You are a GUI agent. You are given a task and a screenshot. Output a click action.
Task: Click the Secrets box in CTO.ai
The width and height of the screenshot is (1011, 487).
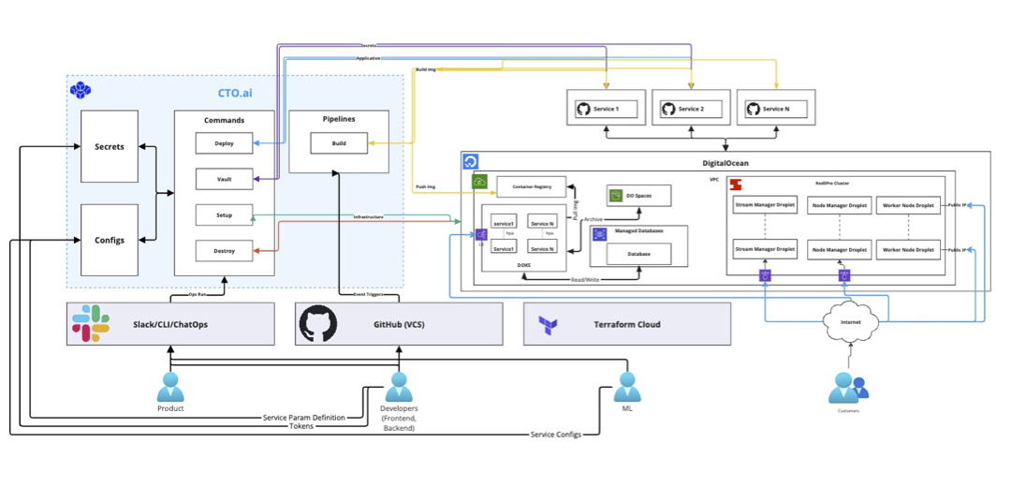pyautogui.click(x=109, y=146)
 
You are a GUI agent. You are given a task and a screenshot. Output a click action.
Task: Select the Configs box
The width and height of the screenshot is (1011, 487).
pyautogui.click(x=109, y=240)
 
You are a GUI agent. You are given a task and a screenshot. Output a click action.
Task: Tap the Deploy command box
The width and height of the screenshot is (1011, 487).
pyautogui.click(x=224, y=143)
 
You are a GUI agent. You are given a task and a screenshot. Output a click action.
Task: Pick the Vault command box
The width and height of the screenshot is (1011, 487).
pyautogui.click(x=224, y=179)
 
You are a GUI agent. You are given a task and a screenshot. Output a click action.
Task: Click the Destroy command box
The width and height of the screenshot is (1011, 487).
pyautogui.click(x=224, y=250)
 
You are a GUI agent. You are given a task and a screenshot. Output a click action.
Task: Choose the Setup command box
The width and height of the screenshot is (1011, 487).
pyautogui.click(x=224, y=214)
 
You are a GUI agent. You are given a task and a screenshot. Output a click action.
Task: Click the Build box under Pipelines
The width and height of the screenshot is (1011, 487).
pyautogui.click(x=338, y=143)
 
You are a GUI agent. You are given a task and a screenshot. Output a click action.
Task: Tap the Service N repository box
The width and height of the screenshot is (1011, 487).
pyautogui.click(x=775, y=110)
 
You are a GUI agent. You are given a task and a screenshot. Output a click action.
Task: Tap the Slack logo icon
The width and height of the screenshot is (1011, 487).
pyautogui.click(x=91, y=324)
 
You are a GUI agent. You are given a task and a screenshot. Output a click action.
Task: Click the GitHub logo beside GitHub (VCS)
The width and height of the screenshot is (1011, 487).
pyautogui.click(x=318, y=324)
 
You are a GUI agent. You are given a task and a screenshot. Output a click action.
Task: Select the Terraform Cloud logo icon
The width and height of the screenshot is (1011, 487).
pyautogui.click(x=548, y=325)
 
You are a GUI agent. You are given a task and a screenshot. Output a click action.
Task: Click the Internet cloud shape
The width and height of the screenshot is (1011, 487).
pyautogui.click(x=851, y=322)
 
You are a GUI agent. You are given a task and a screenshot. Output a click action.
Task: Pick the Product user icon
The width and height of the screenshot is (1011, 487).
pyautogui.click(x=170, y=387)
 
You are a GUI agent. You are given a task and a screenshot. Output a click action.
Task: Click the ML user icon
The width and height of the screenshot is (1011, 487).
pyautogui.click(x=627, y=385)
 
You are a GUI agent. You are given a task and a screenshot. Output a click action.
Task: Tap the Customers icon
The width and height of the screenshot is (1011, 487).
pyautogui.click(x=847, y=387)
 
